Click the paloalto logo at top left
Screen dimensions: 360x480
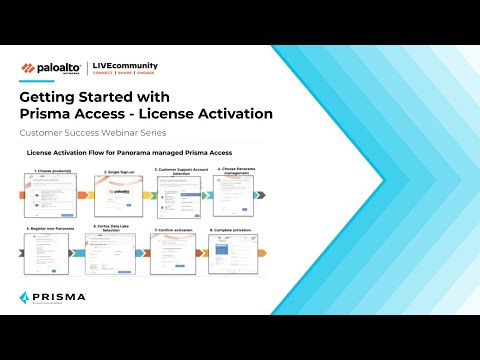coord(51,69)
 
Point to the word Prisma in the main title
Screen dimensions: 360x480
coord(50,113)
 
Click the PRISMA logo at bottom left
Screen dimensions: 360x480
coord(51,297)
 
